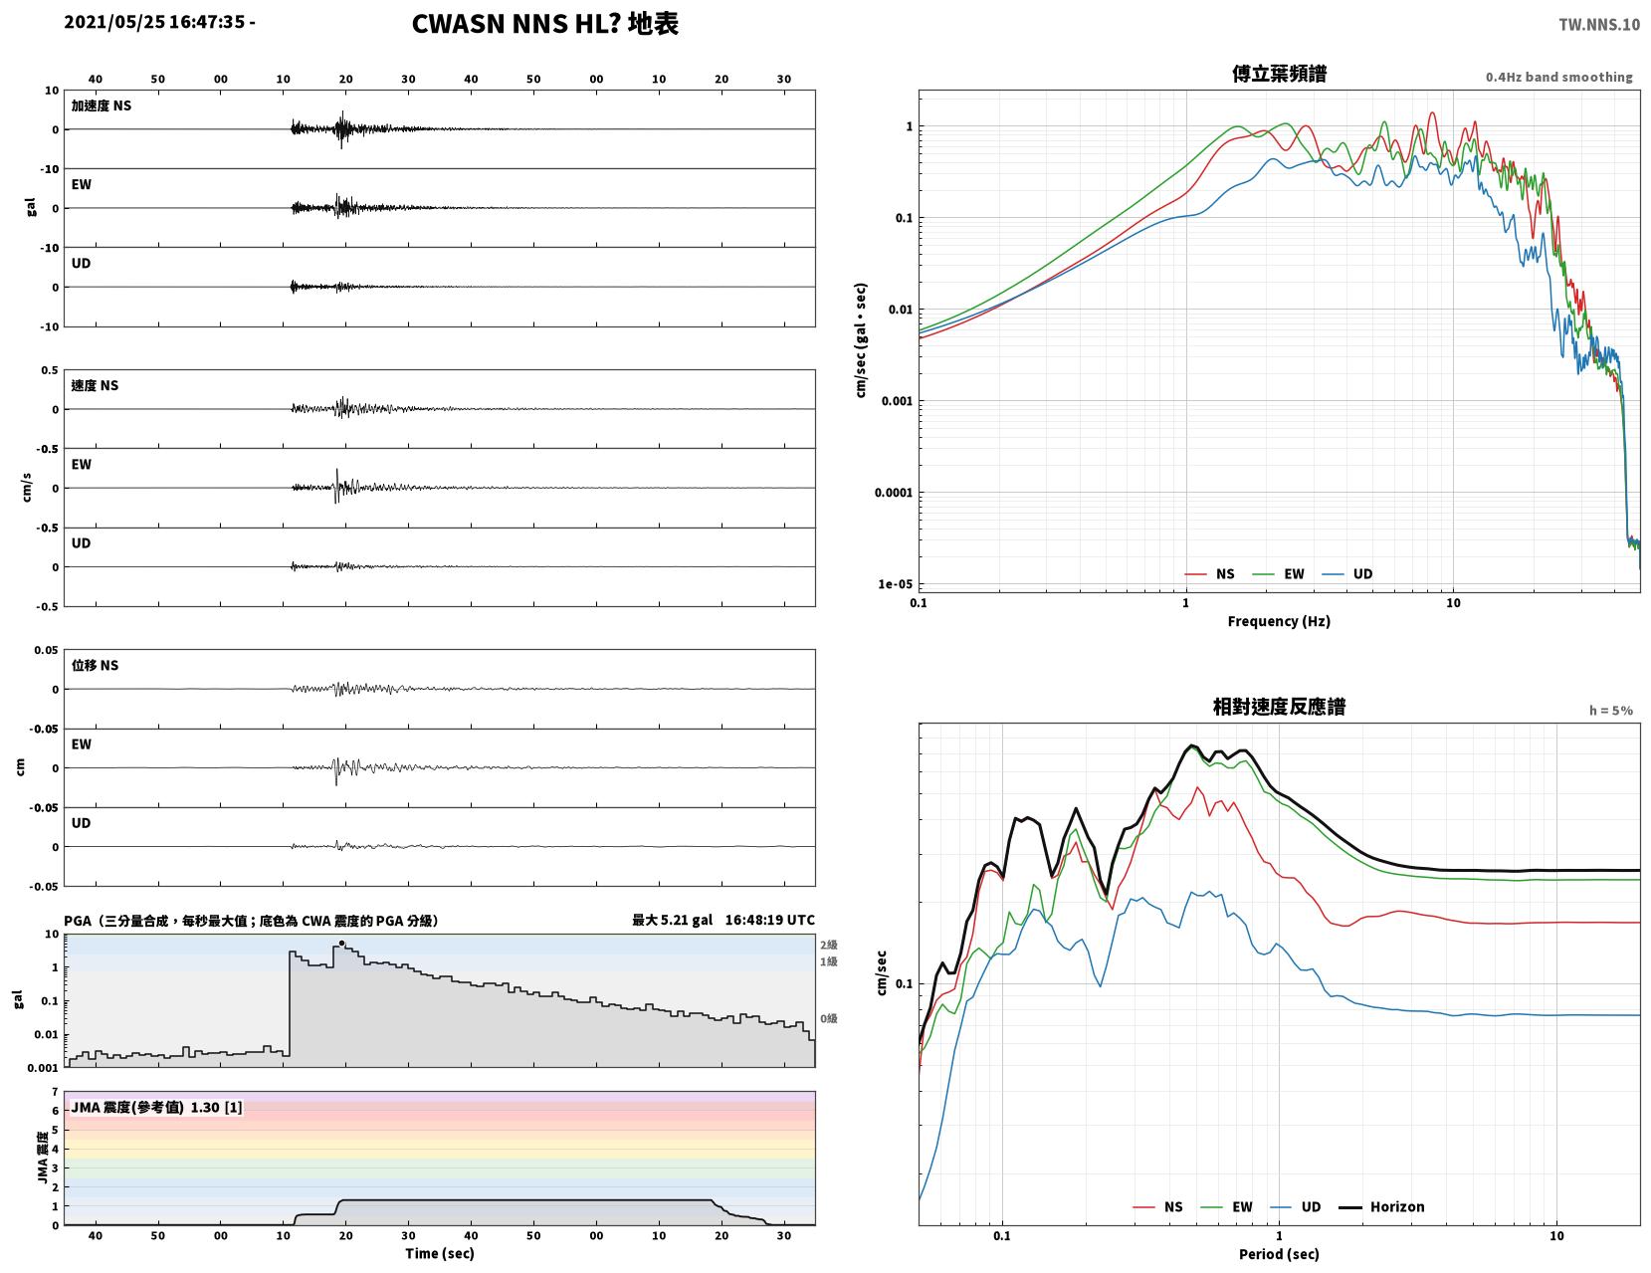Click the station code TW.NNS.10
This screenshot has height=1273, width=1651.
pos(1598,24)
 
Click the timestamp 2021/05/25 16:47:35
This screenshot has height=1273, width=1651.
pos(154,22)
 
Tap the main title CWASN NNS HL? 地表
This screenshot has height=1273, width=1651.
pos(544,24)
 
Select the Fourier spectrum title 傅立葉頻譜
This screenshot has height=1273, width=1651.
pos(1279,74)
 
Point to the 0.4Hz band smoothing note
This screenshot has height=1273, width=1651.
pos(1558,77)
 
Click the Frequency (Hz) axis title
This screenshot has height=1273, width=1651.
pos(1278,620)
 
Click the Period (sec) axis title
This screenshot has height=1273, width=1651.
pos(1278,1253)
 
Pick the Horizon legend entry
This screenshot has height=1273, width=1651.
pos(1380,1206)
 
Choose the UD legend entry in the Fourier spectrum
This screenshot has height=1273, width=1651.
pos(1346,573)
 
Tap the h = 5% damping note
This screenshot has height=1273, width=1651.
pos(1610,711)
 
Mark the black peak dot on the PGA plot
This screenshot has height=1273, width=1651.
pos(341,944)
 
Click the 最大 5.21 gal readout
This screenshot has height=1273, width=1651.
pos(672,920)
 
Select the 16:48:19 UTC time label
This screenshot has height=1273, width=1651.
pos(769,920)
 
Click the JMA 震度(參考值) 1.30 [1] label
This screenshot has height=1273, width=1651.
pos(156,1107)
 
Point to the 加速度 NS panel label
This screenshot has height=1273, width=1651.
pos(102,106)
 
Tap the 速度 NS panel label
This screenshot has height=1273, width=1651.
pos(95,385)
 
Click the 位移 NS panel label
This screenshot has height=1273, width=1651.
pos(95,665)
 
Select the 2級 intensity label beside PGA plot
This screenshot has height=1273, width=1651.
pos(828,945)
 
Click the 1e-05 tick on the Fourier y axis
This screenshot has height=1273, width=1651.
pos(895,584)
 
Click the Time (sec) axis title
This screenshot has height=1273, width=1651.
pos(439,1252)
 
